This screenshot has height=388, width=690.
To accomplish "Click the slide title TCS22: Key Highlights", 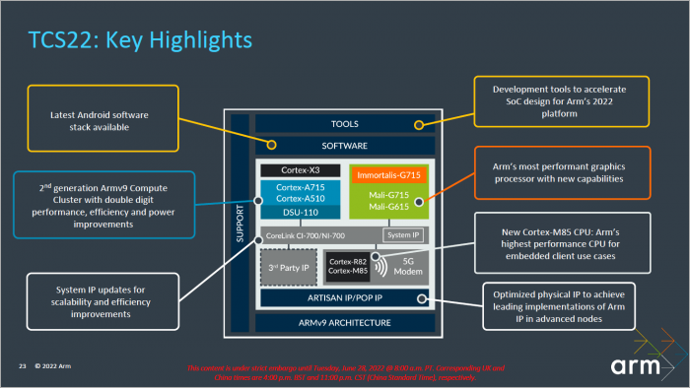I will tap(139, 39).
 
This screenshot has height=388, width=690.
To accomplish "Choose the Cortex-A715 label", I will tap(300, 186).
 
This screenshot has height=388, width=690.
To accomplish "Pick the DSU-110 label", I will tap(300, 212).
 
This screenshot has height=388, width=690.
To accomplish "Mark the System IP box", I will tap(401, 235).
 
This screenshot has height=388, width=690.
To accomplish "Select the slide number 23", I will tap(22, 367).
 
